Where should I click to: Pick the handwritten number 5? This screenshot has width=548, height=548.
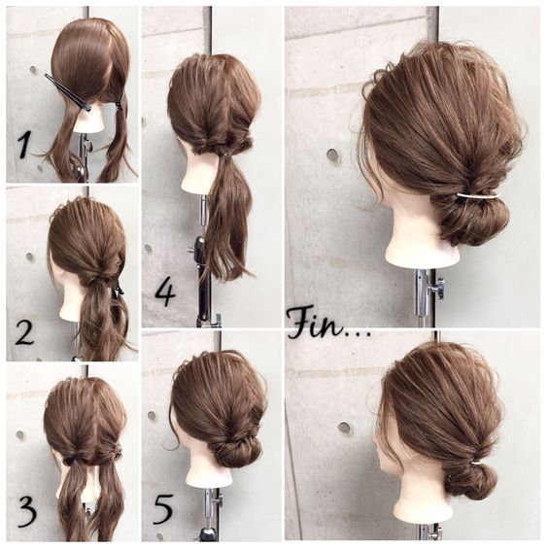coord(162,509)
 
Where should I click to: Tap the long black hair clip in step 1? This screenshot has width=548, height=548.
coord(68,92)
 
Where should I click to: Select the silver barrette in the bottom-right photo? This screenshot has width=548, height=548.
coord(476,463)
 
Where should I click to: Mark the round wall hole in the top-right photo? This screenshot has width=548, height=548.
coord(332,154)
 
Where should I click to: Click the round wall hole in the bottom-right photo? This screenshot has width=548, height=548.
coord(345,428)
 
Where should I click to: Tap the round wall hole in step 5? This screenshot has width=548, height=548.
coord(152,416)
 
